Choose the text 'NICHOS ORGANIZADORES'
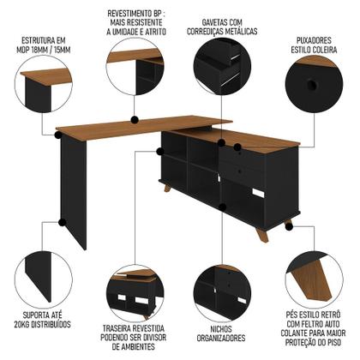(220, 331)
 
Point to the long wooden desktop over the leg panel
(120, 129)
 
